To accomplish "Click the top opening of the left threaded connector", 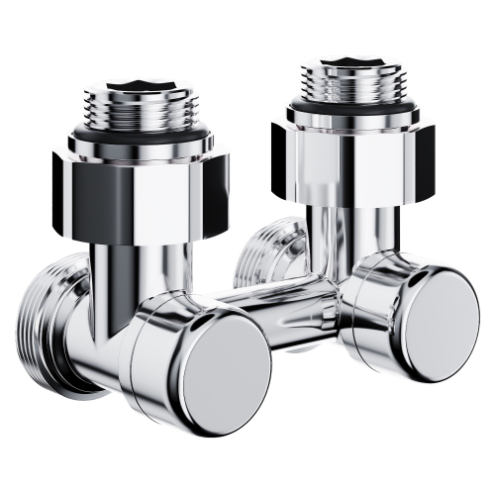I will point(148,83).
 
